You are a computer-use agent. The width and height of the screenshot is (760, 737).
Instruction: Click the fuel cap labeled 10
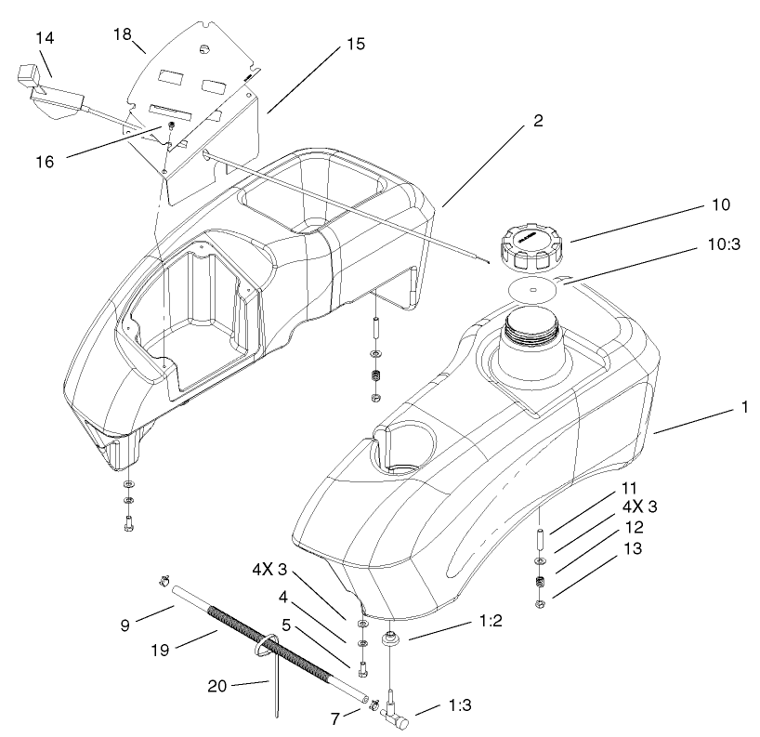point(533,246)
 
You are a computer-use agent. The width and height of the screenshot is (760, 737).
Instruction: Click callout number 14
point(46,37)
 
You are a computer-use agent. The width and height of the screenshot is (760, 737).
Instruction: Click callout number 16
point(46,160)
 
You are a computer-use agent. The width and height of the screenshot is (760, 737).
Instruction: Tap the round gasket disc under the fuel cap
point(533,289)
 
